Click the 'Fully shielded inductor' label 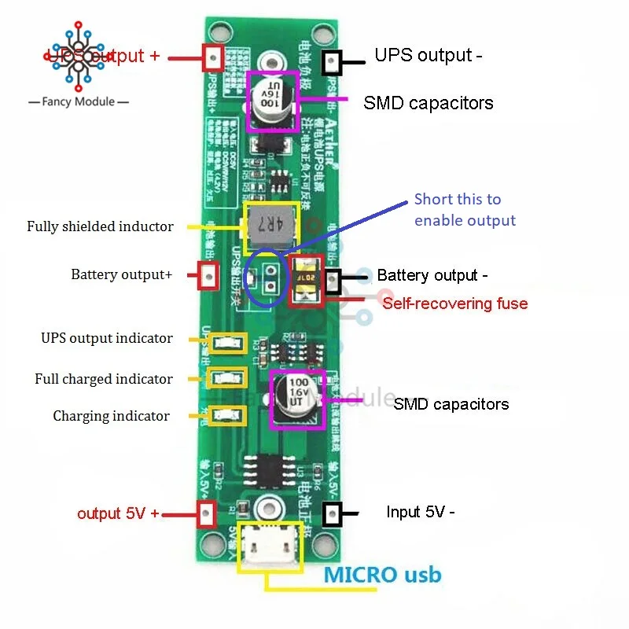click(100, 226)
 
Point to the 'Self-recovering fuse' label click(454, 303)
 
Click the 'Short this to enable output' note click(465, 210)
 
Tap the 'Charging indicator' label click(111, 416)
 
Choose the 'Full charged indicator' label click(103, 379)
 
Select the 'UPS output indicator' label click(107, 338)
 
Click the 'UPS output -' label click(428, 56)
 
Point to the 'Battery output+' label click(121, 274)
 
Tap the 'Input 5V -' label click(420, 512)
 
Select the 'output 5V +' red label click(118, 513)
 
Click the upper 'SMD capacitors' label click(428, 103)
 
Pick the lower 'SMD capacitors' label click(451, 404)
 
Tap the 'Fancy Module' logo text click(78, 102)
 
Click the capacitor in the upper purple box click(273, 100)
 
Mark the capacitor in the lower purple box click(297, 399)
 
